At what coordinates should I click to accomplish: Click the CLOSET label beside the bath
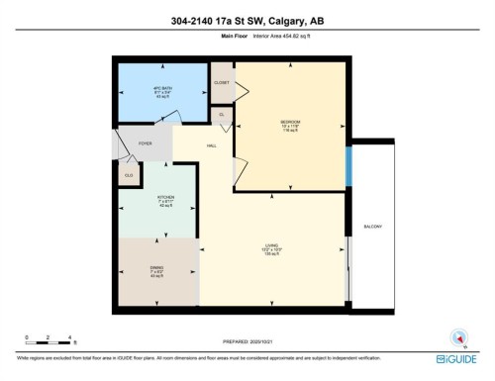click(222, 84)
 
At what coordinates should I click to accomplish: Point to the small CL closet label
click(224, 115)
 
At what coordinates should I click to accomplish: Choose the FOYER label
click(144, 144)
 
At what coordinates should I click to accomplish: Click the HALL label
click(211, 145)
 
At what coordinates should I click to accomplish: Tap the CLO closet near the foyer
click(129, 175)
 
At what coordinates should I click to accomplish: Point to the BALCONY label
click(372, 227)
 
